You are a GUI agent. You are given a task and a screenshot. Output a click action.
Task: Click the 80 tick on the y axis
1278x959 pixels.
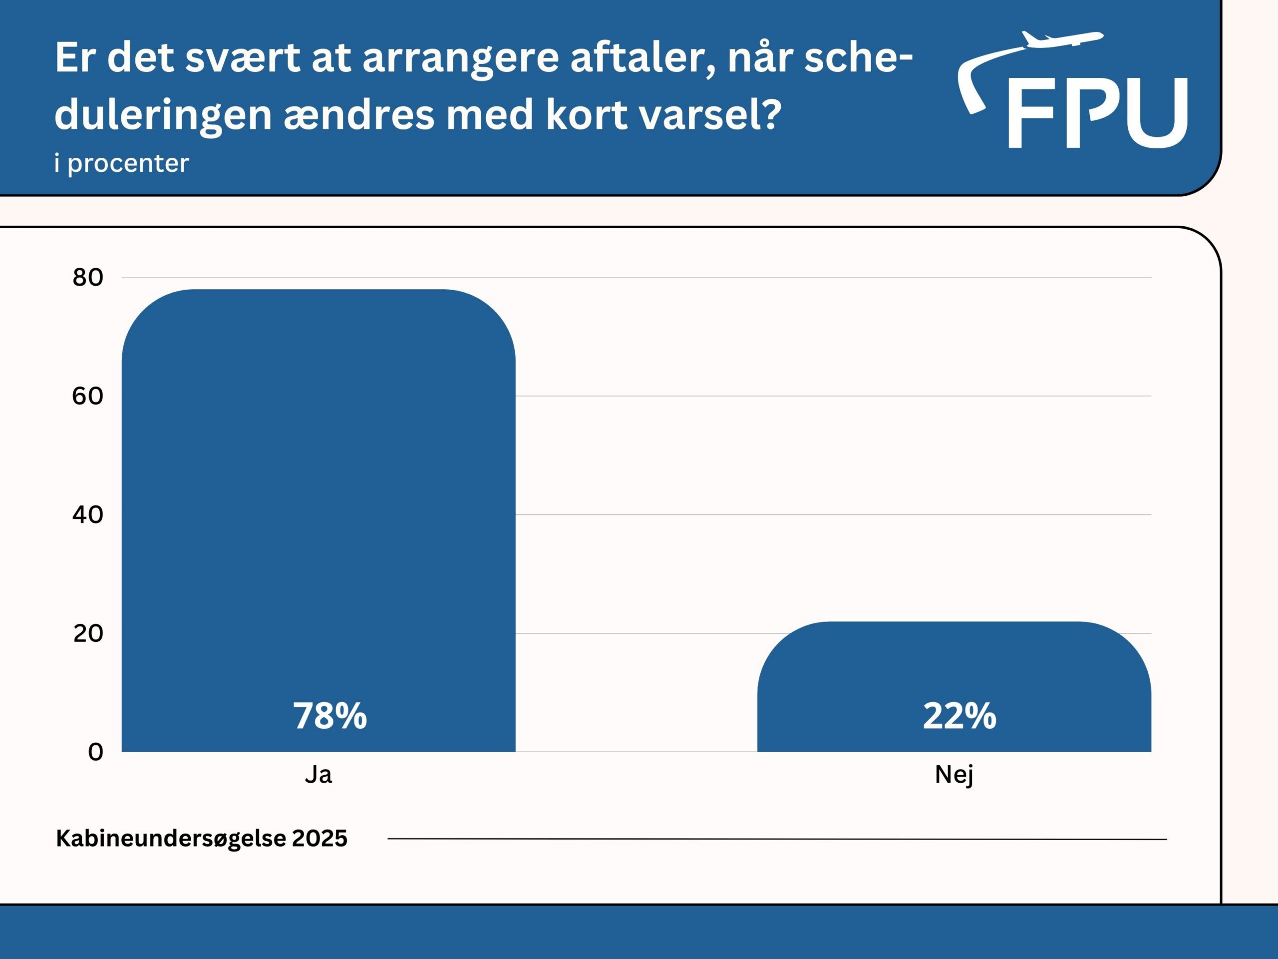[x=88, y=278]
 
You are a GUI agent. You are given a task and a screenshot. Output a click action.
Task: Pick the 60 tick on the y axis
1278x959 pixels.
[x=88, y=396]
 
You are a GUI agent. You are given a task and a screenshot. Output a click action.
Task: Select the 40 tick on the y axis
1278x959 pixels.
[x=88, y=514]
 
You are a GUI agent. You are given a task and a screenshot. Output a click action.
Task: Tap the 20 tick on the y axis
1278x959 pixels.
[x=88, y=633]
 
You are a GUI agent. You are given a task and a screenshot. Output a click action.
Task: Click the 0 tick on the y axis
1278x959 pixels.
[x=95, y=752]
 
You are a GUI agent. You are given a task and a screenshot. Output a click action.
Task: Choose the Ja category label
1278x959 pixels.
[x=319, y=775]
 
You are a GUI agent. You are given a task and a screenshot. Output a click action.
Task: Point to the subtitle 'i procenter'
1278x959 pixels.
[x=121, y=164]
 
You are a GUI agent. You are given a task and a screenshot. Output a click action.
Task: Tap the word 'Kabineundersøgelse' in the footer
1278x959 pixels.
[x=170, y=838]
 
